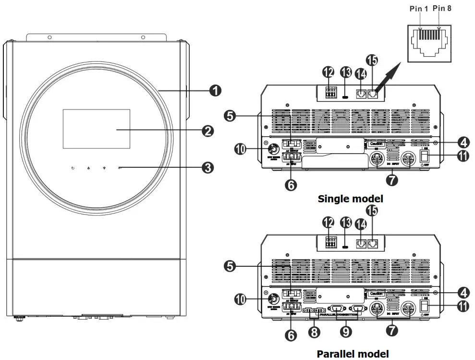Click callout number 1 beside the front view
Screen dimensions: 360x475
click(x=216, y=90)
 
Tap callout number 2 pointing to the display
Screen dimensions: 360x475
click(x=207, y=130)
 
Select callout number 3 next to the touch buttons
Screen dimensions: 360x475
click(x=207, y=168)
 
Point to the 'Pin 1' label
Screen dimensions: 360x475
click(x=418, y=9)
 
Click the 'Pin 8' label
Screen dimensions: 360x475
click(x=441, y=9)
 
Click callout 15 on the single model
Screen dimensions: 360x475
click(x=372, y=61)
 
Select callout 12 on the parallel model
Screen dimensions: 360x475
click(x=329, y=222)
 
